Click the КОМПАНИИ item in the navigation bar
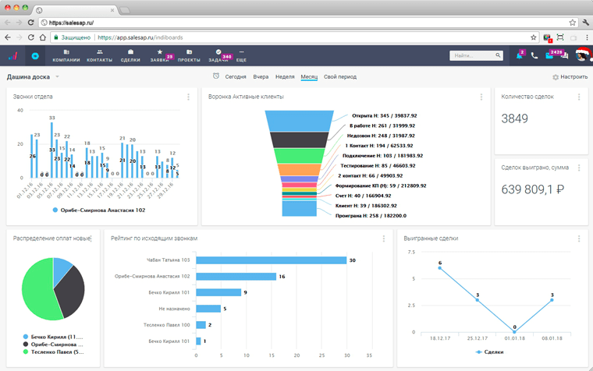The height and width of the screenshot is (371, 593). tap(66, 56)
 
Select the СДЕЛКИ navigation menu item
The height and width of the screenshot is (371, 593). tap(130, 56)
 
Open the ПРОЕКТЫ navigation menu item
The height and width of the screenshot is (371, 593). tap(189, 56)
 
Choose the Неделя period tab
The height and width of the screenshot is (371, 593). tap(285, 77)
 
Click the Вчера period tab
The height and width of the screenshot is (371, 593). tap(261, 77)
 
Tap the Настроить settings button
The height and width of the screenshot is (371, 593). tap(570, 77)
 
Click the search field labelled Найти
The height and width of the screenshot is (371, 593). tap(476, 55)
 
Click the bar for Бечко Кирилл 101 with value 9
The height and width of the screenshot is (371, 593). tap(218, 292)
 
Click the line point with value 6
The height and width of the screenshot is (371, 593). tap(439, 268)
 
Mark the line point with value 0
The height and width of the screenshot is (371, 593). tap(515, 332)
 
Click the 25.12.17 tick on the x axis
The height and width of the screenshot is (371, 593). tap(478, 339)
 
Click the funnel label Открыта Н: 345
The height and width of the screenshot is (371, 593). tap(383, 115)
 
